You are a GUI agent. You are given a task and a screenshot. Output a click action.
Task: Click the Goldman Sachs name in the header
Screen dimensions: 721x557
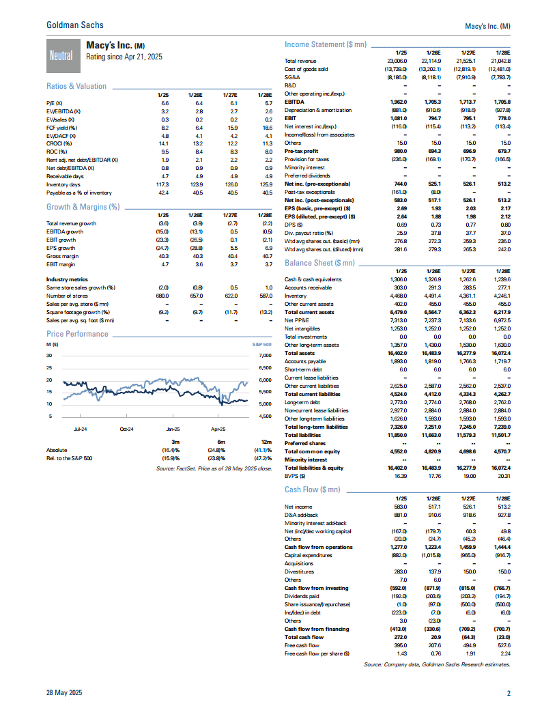tap(75, 25)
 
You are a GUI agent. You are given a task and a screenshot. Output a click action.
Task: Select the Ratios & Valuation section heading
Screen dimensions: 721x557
tap(76, 86)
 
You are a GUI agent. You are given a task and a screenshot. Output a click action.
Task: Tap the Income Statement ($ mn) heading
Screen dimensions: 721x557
tap(325, 44)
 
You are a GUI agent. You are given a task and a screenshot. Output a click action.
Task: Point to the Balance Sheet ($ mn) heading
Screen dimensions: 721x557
tap(319, 263)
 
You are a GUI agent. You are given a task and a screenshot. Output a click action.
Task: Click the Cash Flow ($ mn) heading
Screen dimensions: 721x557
tap(312, 490)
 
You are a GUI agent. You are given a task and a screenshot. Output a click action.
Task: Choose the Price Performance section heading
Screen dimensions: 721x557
tap(77, 334)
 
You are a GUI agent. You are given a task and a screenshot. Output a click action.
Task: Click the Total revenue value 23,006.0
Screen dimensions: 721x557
tap(397, 61)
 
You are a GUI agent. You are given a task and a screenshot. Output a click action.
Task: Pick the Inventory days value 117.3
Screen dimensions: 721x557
tap(162, 184)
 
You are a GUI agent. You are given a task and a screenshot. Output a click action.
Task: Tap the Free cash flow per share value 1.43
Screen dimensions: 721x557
tap(401, 654)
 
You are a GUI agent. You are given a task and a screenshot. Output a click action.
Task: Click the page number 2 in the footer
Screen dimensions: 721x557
tap(508, 693)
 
